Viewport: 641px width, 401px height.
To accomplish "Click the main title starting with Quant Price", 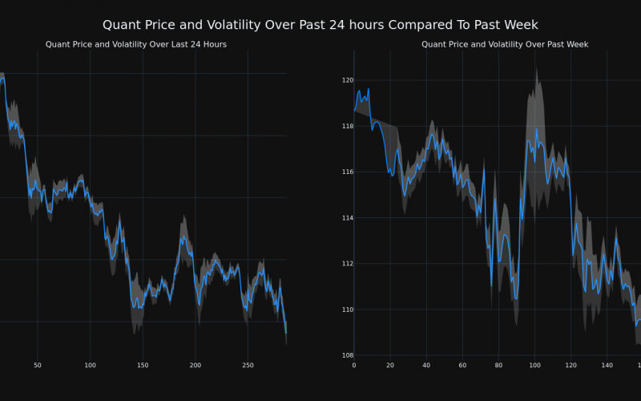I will tap(320, 25).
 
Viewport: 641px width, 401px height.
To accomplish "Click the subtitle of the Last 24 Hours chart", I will tap(136, 44).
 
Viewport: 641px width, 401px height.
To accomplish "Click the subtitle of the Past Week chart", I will tap(505, 44).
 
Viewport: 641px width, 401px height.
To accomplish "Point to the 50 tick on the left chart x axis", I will tap(38, 365).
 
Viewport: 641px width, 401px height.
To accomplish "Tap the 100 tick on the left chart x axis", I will tap(90, 365).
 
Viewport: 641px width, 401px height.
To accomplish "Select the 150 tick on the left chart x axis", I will tap(143, 365).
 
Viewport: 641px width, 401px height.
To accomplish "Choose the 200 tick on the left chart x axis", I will tap(196, 365).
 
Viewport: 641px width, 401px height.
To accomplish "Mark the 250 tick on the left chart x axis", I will tap(248, 365).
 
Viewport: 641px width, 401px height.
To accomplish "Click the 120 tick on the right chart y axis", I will tap(347, 80).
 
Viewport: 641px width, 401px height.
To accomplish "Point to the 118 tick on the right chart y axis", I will tap(347, 126).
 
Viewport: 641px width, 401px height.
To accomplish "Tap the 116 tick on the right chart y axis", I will tap(347, 172).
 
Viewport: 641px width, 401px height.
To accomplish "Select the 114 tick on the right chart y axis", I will tap(347, 217).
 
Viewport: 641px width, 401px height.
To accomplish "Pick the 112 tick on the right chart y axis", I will tap(347, 264).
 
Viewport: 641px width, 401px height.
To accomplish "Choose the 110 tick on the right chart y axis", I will tap(347, 310).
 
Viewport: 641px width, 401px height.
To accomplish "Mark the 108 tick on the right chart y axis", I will tap(347, 355).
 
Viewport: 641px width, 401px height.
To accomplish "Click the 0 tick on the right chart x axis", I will tap(354, 365).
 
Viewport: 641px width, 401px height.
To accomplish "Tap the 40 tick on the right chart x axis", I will tap(426, 365).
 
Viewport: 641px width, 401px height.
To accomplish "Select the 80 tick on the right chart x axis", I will tap(498, 365).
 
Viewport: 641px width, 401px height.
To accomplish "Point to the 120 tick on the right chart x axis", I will tap(570, 365).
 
